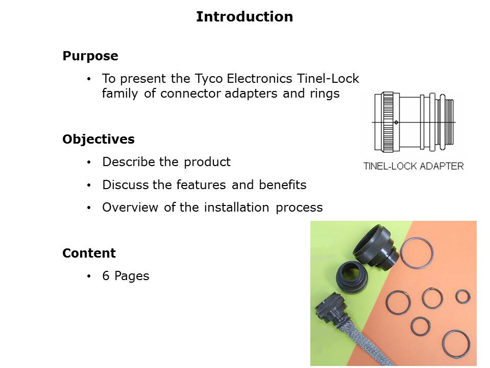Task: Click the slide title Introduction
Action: click(244, 17)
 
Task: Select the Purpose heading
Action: click(90, 56)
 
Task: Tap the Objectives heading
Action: click(99, 140)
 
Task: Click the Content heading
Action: click(89, 254)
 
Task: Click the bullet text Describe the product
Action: click(166, 162)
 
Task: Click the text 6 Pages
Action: click(126, 276)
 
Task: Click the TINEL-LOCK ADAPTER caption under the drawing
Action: click(413, 166)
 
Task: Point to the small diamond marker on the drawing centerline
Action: click(396, 122)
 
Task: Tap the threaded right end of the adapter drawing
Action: click(449, 122)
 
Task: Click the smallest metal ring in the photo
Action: click(462, 296)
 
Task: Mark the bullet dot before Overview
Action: click(89, 208)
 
